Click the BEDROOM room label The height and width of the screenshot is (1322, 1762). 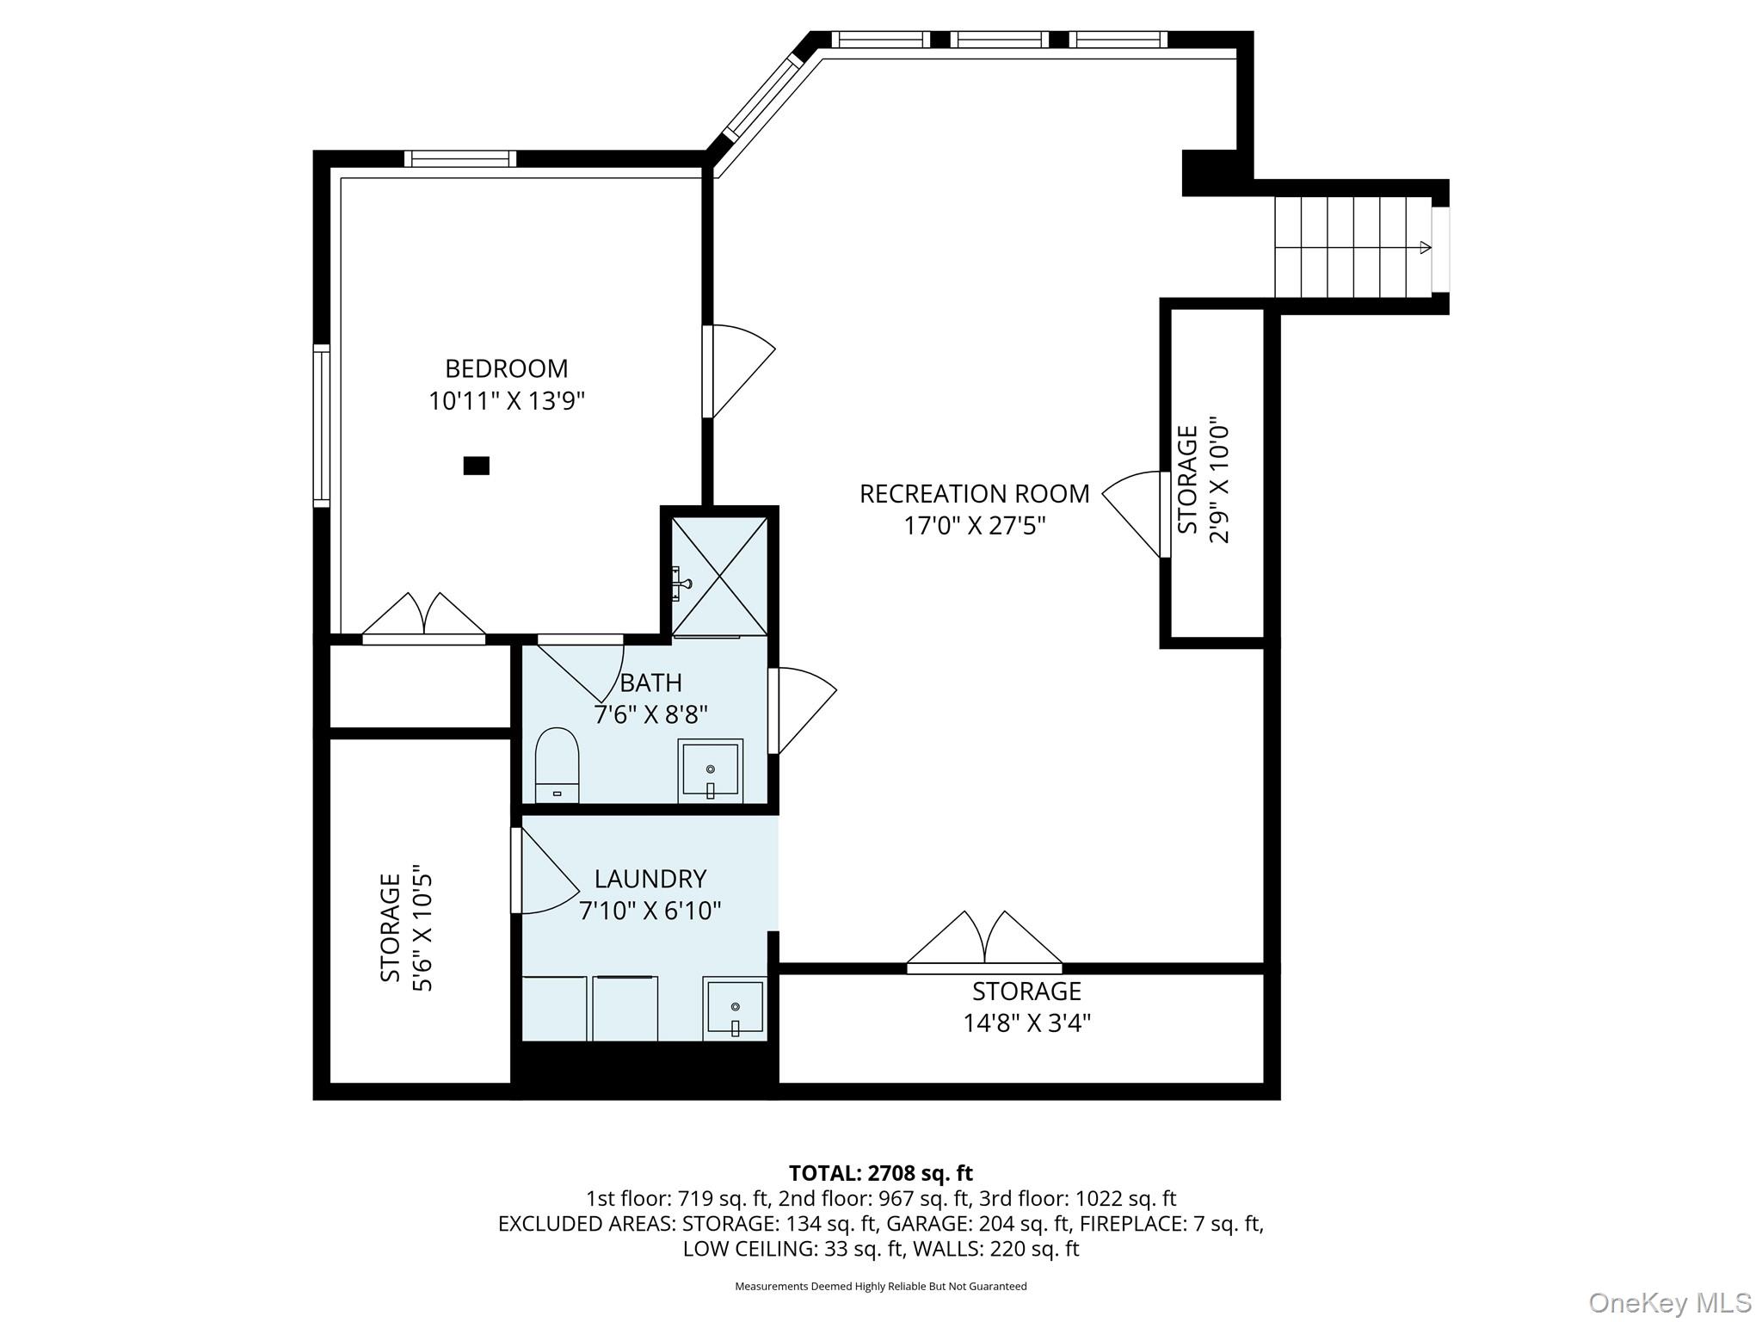[506, 368]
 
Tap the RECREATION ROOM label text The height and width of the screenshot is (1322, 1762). [974, 494]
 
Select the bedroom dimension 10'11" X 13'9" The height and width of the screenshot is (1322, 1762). [506, 401]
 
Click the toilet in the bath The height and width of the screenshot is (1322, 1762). [557, 765]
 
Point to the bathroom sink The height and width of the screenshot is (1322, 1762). [710, 769]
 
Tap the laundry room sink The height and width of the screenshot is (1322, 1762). [734, 1008]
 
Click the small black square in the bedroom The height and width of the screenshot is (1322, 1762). [476, 466]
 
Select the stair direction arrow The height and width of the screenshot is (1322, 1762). [1424, 248]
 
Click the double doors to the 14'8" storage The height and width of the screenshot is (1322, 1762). [984, 941]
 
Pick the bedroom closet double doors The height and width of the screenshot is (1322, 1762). [423, 615]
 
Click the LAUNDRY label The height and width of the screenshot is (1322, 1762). [650, 879]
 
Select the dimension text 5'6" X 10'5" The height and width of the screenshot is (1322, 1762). [422, 928]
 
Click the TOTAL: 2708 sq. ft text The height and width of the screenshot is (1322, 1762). [880, 1173]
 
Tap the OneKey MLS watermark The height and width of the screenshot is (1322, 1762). [1669, 1302]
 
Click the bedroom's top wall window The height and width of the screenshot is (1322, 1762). [460, 158]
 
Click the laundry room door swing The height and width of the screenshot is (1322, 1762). [545, 871]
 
